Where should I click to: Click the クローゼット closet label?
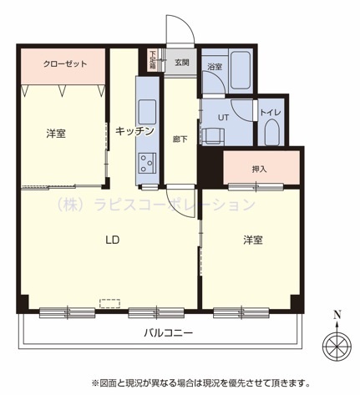click(x=65, y=64)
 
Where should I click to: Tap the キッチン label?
click(x=134, y=131)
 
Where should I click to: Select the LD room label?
click(x=113, y=240)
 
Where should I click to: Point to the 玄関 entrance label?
click(x=182, y=63)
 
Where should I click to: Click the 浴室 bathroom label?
click(x=215, y=67)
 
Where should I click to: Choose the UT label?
click(x=223, y=118)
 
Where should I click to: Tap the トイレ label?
click(x=271, y=113)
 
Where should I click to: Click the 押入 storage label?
click(x=259, y=169)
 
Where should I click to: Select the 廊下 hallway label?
click(x=180, y=139)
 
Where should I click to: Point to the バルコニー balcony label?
click(x=169, y=333)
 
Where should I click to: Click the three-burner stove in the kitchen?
click(x=148, y=163)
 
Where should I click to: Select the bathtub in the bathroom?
click(x=241, y=70)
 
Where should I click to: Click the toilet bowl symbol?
click(x=272, y=133)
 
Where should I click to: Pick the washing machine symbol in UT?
click(x=213, y=136)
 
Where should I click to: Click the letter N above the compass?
click(x=337, y=315)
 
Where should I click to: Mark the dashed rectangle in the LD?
click(x=110, y=303)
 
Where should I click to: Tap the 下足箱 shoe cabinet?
click(x=152, y=60)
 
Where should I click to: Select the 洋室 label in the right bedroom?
click(x=253, y=240)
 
